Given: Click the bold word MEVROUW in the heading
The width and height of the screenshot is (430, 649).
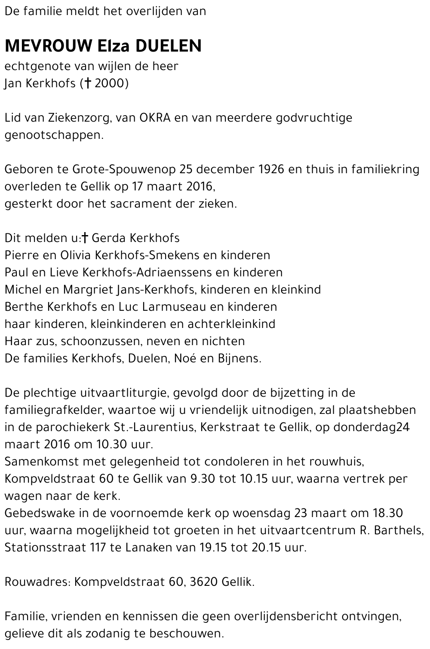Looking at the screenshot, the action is click(x=48, y=46).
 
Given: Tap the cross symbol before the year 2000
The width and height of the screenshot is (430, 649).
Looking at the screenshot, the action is click(x=87, y=83).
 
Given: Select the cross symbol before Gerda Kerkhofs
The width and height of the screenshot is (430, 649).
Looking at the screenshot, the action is click(x=85, y=238).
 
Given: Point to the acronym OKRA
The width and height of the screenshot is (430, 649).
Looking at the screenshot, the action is click(x=155, y=118).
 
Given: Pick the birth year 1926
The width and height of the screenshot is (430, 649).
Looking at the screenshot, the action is click(x=271, y=169).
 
